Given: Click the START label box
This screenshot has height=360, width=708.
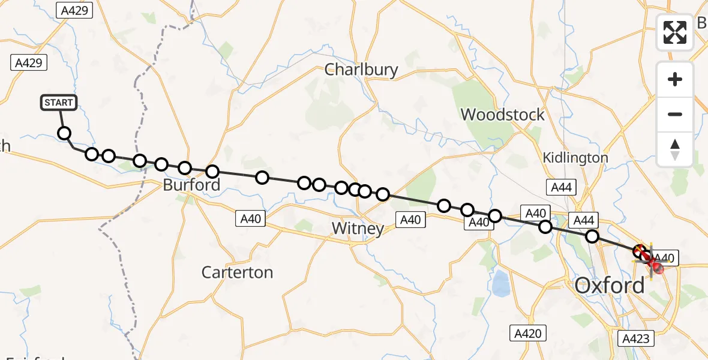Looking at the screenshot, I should pyautogui.click(x=58, y=103).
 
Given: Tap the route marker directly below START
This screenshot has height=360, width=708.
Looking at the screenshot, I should pyautogui.click(x=64, y=133).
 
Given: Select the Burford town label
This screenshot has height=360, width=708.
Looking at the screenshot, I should pyautogui.click(x=191, y=185).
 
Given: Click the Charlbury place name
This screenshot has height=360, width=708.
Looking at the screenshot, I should pyautogui.click(x=361, y=70).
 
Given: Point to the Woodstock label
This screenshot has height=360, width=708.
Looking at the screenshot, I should pyautogui.click(x=503, y=114).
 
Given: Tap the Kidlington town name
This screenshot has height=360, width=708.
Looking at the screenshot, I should pyautogui.click(x=575, y=158).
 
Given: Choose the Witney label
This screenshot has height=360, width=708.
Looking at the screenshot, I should pyautogui.click(x=358, y=229).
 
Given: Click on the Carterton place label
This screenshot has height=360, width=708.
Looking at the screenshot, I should pyautogui.click(x=237, y=272).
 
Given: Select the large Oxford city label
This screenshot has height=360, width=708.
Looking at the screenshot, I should pyautogui.click(x=610, y=285).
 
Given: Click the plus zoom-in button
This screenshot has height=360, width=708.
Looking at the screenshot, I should pyautogui.click(x=675, y=79).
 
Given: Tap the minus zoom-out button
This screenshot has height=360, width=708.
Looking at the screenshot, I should pyautogui.click(x=675, y=114).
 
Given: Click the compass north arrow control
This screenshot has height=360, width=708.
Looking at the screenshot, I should pyautogui.click(x=675, y=149).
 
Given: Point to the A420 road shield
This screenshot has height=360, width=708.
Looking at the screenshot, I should pyautogui.click(x=528, y=333).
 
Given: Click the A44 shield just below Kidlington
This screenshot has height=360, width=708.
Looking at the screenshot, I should pyautogui.click(x=561, y=187).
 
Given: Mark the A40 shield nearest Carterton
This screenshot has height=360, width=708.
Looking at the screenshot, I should pyautogui.click(x=250, y=218).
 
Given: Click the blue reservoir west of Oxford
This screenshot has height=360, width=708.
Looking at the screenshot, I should pyautogui.click(x=499, y=283).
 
